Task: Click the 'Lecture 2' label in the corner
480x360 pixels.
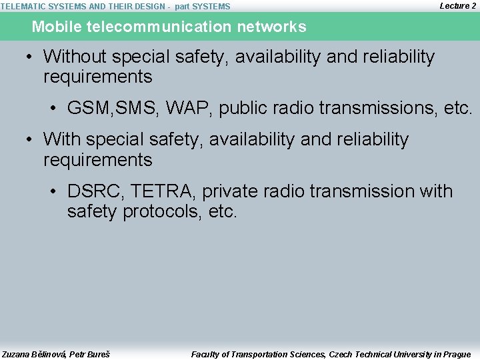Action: point(458,5)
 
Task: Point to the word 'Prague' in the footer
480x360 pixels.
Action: point(456,354)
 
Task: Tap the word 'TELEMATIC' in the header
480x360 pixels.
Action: point(23,7)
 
